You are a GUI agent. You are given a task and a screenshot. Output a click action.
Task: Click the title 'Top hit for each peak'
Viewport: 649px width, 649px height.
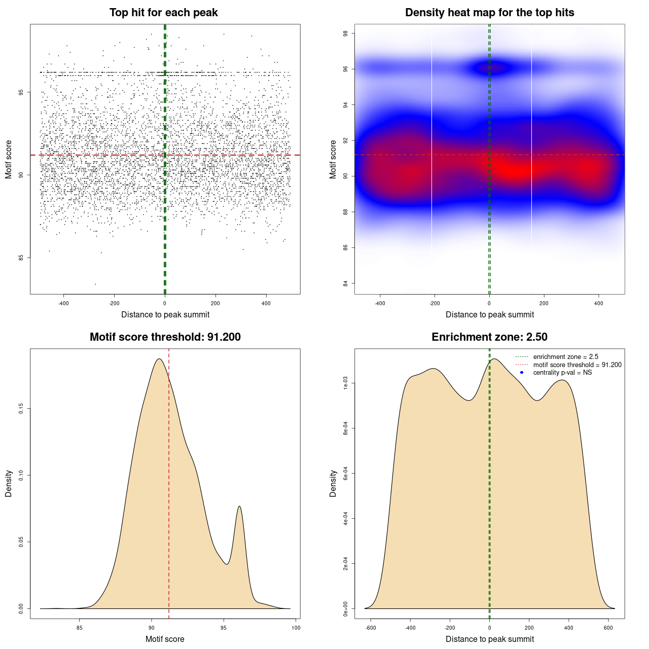[x=164, y=13]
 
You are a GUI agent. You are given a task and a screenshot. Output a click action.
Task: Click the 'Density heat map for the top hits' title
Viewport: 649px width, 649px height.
[x=489, y=13]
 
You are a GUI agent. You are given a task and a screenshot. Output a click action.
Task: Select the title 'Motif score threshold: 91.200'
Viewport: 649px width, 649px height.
[x=165, y=337]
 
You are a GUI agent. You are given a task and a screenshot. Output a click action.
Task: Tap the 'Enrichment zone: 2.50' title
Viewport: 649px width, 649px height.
[x=489, y=337]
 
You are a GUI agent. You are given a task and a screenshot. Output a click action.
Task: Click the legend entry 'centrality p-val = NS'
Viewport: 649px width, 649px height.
[x=562, y=373]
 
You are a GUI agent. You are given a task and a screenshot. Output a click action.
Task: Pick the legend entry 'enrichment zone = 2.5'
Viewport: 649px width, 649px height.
[x=565, y=357]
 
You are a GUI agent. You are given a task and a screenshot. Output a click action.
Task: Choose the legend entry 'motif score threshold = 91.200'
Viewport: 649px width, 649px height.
[x=577, y=365]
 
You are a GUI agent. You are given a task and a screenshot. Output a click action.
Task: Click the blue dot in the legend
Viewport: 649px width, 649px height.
[x=522, y=373]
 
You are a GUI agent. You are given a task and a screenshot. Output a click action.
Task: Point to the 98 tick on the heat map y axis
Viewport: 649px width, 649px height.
[x=345, y=33]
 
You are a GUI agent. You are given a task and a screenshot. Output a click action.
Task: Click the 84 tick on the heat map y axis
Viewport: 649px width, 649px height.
[x=345, y=283]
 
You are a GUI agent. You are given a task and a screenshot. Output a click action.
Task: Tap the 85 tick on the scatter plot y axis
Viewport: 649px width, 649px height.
[x=21, y=258]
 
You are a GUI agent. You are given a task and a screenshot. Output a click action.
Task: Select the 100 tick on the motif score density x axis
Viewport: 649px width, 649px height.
[x=296, y=628]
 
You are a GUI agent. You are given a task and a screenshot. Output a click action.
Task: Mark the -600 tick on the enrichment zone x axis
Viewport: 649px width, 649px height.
[x=371, y=628]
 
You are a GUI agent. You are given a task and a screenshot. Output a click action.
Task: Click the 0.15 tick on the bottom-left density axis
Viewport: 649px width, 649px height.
[x=21, y=409]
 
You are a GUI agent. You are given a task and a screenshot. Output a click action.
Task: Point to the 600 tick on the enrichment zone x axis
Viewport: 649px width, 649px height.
[x=608, y=628]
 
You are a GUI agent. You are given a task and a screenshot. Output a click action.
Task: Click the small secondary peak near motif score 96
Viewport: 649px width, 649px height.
[x=239, y=507]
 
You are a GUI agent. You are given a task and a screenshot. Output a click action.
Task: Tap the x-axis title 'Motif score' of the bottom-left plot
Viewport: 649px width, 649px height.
[x=165, y=639]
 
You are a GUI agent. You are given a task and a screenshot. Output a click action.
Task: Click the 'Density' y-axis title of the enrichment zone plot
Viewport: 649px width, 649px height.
[x=333, y=483]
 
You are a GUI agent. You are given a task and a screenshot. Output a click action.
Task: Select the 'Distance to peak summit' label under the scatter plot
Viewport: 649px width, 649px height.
[x=165, y=314]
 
